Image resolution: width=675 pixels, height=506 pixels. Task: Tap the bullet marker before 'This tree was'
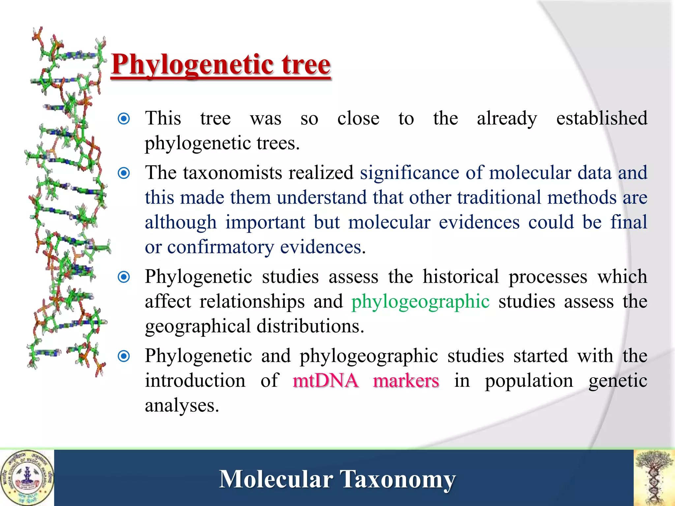coord(124,119)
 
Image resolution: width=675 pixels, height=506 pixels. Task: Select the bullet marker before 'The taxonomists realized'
coord(124,173)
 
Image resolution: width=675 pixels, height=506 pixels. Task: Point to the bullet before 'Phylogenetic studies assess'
coord(124,277)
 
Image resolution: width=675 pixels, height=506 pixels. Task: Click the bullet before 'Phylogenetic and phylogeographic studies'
coord(124,356)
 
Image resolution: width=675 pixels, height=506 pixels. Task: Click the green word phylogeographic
coord(420,302)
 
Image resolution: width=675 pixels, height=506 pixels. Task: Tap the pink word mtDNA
coord(325,381)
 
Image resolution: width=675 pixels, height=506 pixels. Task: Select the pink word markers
coord(406,381)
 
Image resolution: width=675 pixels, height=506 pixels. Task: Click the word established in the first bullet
coord(602,119)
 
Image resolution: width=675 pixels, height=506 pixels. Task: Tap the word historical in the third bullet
coord(460,277)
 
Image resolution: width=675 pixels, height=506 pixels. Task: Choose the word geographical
coord(198,327)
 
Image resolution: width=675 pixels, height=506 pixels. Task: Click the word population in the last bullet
coord(529,381)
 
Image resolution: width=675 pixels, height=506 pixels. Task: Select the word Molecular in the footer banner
coord(276,479)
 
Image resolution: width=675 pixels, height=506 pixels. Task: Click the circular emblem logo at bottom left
coord(27,478)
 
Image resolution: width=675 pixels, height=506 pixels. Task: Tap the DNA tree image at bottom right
coord(654,478)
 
